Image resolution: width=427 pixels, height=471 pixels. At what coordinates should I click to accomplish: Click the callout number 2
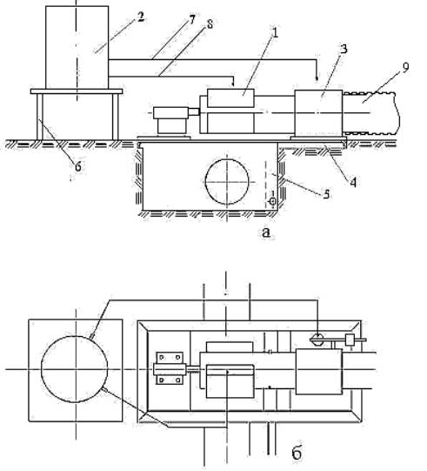pyautogui.click(x=140, y=17)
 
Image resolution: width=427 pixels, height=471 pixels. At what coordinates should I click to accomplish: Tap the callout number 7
pyautogui.click(x=192, y=19)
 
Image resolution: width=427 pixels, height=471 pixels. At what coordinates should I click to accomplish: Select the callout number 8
pyautogui.click(x=210, y=24)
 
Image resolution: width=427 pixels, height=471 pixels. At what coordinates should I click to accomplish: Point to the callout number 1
pyautogui.click(x=275, y=33)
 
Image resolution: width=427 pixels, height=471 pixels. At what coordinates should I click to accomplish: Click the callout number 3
pyautogui.click(x=344, y=49)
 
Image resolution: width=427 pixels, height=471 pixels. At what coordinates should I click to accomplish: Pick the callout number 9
pyautogui.click(x=405, y=67)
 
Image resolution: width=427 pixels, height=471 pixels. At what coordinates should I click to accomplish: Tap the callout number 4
pyautogui.click(x=353, y=182)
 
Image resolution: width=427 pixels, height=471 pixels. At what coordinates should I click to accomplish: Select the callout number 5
pyautogui.click(x=326, y=194)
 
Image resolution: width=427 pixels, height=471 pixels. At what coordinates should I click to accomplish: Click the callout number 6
pyautogui.click(x=78, y=166)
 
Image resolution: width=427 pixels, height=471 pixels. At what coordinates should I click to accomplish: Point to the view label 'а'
pyautogui.click(x=266, y=232)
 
